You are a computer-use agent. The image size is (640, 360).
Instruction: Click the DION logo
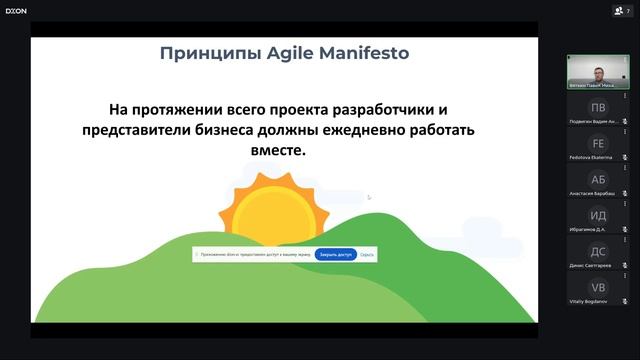coord(16,10)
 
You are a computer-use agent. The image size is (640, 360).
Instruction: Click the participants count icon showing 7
coord(622,10)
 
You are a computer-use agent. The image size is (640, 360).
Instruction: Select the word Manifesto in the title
coord(360,52)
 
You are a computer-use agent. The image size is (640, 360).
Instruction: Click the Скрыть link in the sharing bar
coord(367,254)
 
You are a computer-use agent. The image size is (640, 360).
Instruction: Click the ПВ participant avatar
coord(598,107)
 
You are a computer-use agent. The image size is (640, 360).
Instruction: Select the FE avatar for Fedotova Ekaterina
coord(598,143)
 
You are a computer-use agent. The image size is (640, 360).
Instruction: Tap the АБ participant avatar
coord(598,179)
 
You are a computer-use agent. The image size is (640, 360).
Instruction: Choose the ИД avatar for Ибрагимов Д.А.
coord(598,215)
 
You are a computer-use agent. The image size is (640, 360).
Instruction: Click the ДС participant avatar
coord(598,251)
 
